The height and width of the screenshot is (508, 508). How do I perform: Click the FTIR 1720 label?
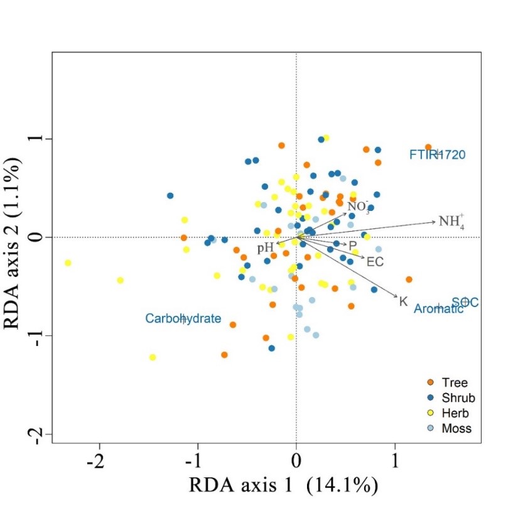(x=438, y=154)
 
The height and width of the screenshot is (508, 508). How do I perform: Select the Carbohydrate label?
(x=183, y=318)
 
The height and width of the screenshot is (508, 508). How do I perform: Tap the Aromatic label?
(x=438, y=308)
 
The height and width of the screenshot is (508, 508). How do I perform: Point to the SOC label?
(x=465, y=303)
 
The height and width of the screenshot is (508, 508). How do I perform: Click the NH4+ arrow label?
(x=451, y=221)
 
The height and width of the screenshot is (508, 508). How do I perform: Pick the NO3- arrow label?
(x=359, y=207)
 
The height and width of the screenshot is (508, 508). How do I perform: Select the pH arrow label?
(x=265, y=247)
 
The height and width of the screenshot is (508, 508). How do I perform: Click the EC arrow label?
(x=375, y=261)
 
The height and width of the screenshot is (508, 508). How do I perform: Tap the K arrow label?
(x=403, y=301)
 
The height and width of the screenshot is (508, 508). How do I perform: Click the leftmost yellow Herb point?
(x=68, y=262)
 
